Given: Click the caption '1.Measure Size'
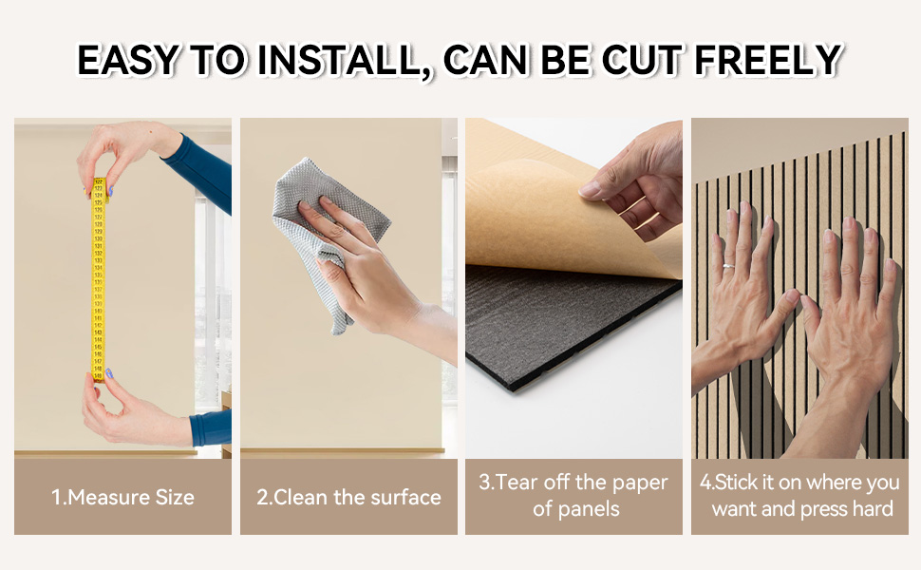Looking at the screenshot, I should click(122, 497).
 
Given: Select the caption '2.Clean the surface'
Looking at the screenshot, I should click(348, 497).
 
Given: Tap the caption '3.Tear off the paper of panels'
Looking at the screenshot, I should click(574, 495).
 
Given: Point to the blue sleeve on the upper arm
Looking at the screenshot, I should click(204, 176).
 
